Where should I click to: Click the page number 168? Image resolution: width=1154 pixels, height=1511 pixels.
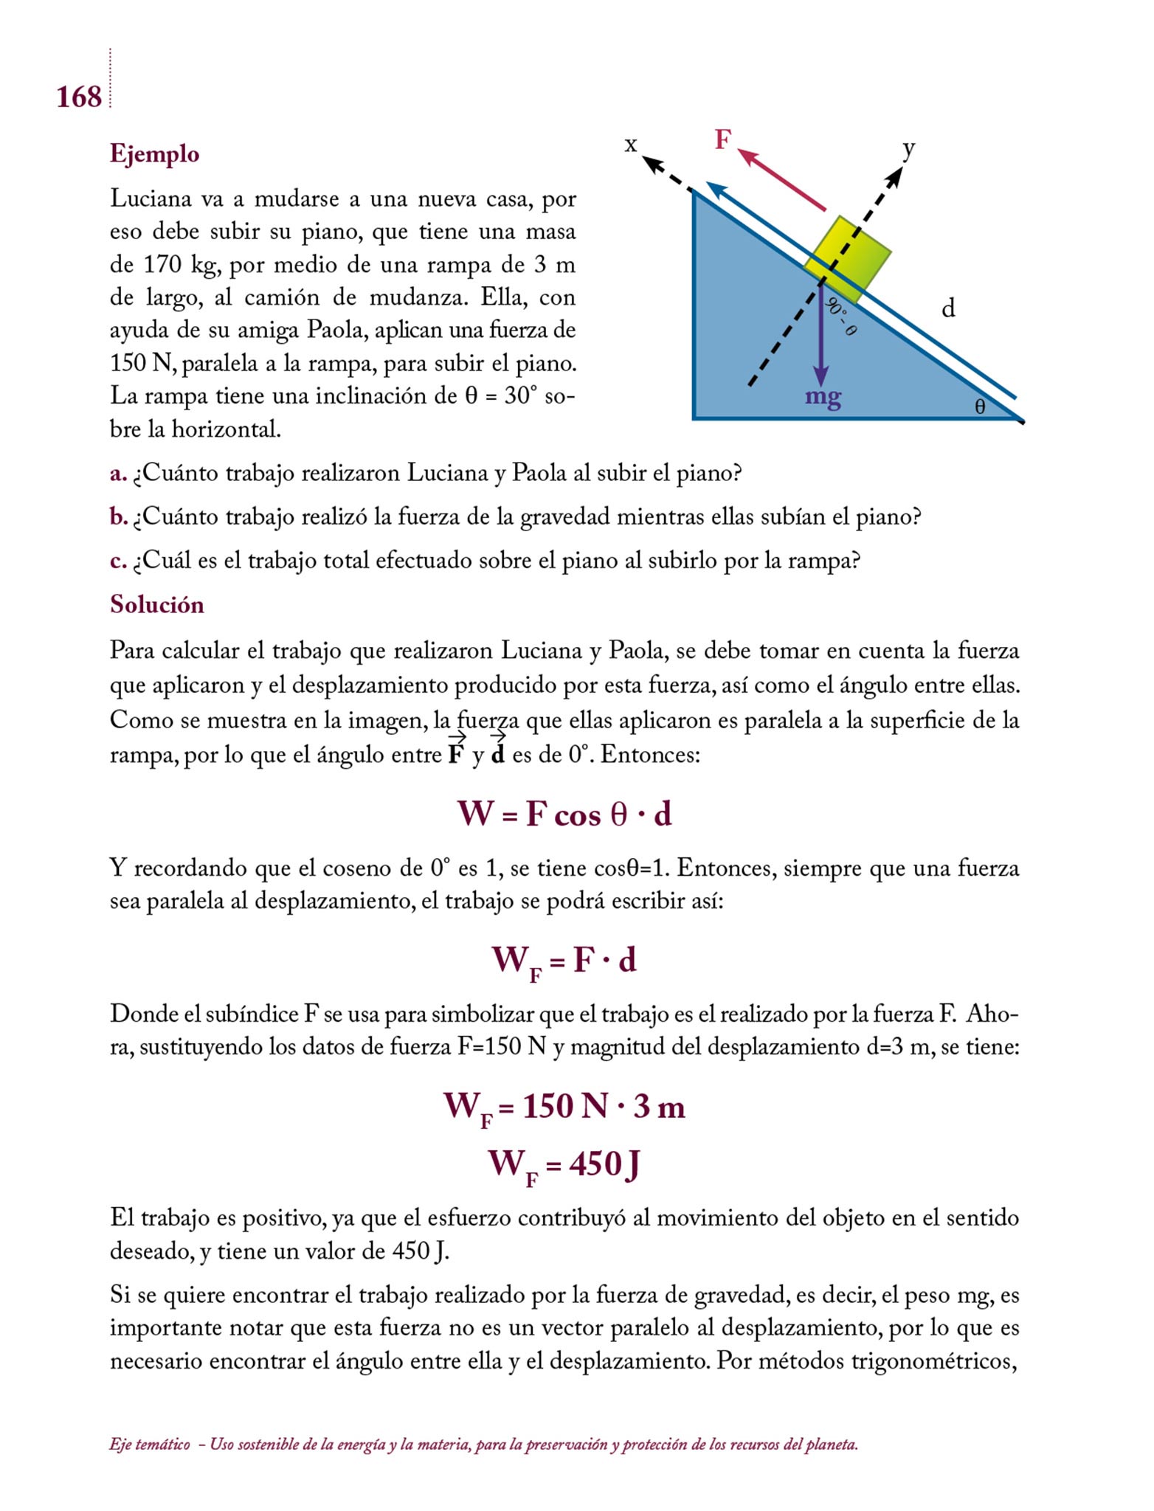79,97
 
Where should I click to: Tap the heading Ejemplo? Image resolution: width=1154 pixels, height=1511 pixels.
154,153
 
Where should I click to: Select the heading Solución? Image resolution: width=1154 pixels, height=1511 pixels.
156,604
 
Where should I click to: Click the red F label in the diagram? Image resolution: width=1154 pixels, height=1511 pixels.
723,139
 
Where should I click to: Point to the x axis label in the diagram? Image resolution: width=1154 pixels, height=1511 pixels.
630,144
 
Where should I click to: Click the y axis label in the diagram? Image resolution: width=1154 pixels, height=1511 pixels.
909,148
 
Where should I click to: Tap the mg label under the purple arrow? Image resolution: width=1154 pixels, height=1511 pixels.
823,397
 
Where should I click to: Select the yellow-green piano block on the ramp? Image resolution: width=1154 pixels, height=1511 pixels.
848,259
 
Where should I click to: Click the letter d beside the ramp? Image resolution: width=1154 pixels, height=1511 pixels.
948,308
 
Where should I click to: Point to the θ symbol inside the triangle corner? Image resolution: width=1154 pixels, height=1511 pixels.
980,407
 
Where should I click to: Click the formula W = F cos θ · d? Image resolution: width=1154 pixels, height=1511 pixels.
564,815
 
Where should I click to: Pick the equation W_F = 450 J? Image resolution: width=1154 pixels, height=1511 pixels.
564,1166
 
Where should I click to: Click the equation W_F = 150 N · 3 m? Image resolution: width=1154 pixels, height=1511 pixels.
564,1107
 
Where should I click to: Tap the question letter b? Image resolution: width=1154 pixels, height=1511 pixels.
118,517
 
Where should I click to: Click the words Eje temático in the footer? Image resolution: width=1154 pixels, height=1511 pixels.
149,1445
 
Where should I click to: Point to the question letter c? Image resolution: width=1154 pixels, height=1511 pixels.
118,561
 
